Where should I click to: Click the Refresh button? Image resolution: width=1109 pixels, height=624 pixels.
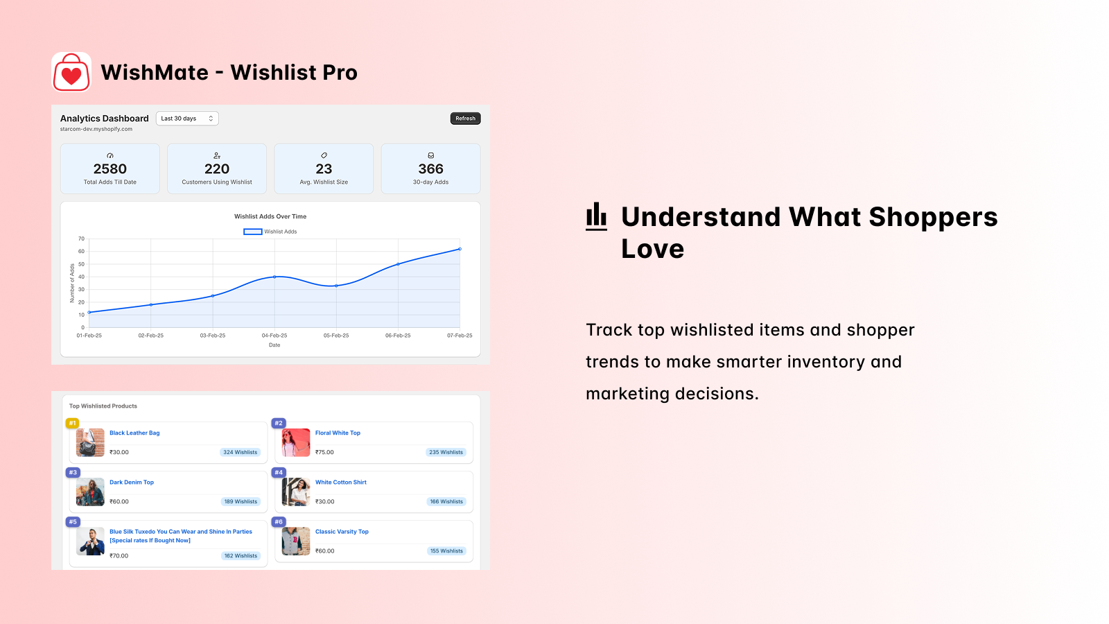(x=465, y=119)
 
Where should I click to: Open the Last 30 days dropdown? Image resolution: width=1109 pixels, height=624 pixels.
(x=187, y=119)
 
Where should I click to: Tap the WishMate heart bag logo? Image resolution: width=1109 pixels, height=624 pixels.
(x=71, y=72)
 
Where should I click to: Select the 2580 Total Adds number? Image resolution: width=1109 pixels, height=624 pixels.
(x=110, y=169)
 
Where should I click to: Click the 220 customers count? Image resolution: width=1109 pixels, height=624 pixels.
(x=217, y=169)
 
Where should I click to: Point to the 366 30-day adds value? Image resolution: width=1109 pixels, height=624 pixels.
(x=430, y=169)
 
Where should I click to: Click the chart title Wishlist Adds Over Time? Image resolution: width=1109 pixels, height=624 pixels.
(x=270, y=216)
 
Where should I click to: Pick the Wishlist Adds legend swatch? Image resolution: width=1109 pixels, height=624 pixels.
(x=252, y=232)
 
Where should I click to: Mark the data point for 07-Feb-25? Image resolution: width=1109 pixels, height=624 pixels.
(x=460, y=249)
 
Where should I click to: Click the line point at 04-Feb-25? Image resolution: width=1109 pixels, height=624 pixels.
(x=274, y=277)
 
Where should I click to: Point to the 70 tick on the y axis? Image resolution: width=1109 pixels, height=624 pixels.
(x=81, y=239)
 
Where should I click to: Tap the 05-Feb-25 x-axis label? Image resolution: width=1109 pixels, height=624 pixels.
(x=336, y=336)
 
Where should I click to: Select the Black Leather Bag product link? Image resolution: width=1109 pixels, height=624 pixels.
(x=134, y=433)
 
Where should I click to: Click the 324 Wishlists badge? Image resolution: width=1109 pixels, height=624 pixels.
(x=240, y=452)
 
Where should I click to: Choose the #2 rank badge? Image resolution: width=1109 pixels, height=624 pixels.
(x=279, y=423)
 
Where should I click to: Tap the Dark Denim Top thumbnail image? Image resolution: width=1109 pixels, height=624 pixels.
(x=90, y=492)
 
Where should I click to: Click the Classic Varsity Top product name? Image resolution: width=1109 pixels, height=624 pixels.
(x=342, y=531)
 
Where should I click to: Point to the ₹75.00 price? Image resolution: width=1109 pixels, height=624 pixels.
(x=324, y=452)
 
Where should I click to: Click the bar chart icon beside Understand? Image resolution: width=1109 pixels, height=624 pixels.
(x=596, y=216)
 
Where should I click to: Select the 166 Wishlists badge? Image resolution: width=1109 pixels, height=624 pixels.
(x=446, y=502)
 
